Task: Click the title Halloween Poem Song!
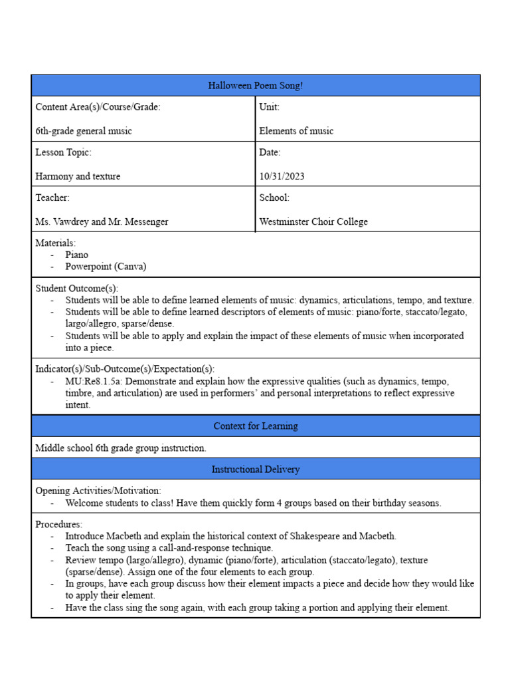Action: [x=256, y=85]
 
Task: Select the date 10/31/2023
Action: [x=282, y=176]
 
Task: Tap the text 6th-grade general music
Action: [x=84, y=131]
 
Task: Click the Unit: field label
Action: [x=269, y=106]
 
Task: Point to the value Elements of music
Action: [x=296, y=131]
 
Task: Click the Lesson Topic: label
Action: [x=63, y=152]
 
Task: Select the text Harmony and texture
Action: [x=78, y=176]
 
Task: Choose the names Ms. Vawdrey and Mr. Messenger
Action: [x=102, y=221]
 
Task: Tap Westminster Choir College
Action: [x=313, y=221]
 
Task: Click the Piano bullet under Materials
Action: [x=76, y=255]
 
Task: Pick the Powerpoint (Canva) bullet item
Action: [x=106, y=267]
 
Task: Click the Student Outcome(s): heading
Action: [x=76, y=289]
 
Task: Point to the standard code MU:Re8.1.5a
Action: [x=94, y=382]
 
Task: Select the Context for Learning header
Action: [x=256, y=426]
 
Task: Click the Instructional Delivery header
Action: [x=256, y=470]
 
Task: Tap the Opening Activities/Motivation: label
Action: [x=98, y=491]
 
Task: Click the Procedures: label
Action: [x=58, y=524]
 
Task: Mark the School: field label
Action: [x=274, y=198]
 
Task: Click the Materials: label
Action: [x=56, y=243]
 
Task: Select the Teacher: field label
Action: [x=52, y=198]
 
